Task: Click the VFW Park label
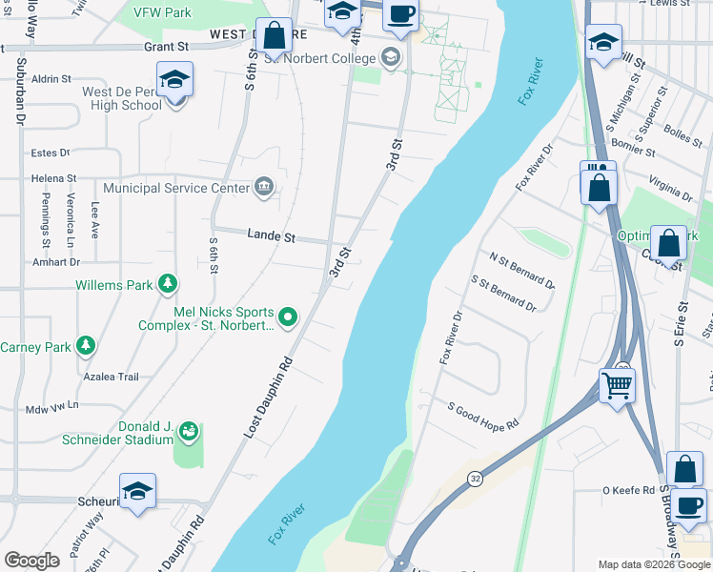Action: [x=163, y=13]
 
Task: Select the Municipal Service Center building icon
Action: [x=265, y=187]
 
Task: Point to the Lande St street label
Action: [x=272, y=234]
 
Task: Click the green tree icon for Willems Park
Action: [x=168, y=283]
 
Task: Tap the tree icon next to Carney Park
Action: [x=86, y=345]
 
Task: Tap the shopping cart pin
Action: [x=617, y=386]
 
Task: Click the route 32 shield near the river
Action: [x=474, y=480]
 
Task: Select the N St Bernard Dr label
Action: [x=521, y=270]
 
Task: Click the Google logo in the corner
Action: [x=31, y=561]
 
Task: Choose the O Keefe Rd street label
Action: [x=627, y=490]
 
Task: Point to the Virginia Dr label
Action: [x=670, y=189]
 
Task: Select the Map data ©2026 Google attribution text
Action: [x=653, y=563]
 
